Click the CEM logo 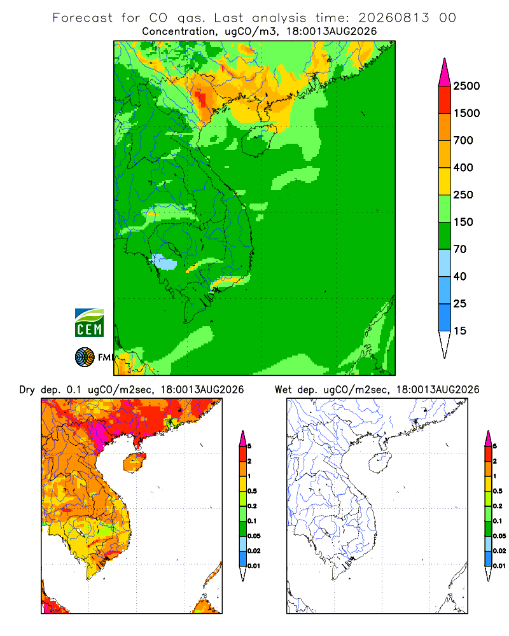[89, 323]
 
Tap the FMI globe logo [85, 357]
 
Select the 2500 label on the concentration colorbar [466, 86]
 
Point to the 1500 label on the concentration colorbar [466, 113]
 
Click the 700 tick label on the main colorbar [463, 141]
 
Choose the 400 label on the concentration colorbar [463, 167]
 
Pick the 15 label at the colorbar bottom [460, 331]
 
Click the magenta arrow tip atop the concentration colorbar [445, 59]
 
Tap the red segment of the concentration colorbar [445, 100]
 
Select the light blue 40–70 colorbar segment [445, 263]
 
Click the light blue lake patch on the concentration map [164, 262]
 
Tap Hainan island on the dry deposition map [134, 462]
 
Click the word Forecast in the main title [83, 18]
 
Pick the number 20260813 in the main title [393, 18]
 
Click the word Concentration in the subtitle [179, 32]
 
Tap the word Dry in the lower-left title [27, 390]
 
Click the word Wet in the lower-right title [284, 390]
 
